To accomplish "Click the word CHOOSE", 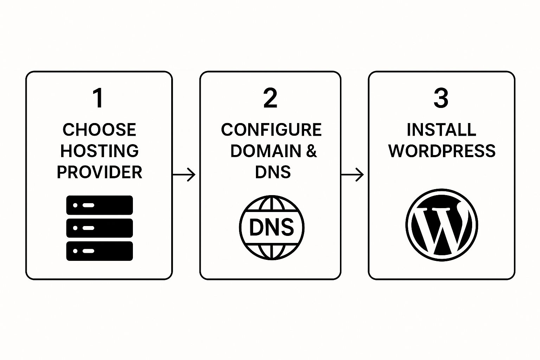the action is [99, 130].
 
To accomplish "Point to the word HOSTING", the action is [99, 151].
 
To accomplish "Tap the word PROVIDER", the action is [99, 172].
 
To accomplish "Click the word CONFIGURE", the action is [271, 130].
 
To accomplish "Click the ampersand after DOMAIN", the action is [311, 151].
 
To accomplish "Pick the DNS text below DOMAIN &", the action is [273, 172].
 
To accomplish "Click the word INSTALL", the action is [442, 130].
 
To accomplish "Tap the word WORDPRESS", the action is [442, 151].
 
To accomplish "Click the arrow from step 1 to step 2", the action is [184, 174].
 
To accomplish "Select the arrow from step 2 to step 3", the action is [352, 174].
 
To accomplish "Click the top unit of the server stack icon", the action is [99, 205].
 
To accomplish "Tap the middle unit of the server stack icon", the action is [99, 228].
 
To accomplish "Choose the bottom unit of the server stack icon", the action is [99, 251].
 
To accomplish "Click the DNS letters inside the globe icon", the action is [271, 227].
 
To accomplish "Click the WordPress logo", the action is [442, 225].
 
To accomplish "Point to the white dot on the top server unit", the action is [75, 205].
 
